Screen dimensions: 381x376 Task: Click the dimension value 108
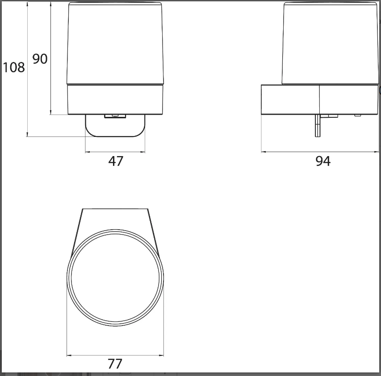click(14, 67)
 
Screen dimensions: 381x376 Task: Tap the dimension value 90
click(40, 59)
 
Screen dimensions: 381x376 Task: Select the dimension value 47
click(116, 161)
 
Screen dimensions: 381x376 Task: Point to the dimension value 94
click(323, 161)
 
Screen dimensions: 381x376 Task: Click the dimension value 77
click(115, 364)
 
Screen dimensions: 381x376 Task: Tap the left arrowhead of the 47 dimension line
click(88, 152)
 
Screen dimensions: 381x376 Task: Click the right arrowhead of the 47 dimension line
click(142, 152)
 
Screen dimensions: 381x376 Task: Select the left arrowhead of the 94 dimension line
click(264, 152)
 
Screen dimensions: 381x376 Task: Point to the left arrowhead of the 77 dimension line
click(69, 355)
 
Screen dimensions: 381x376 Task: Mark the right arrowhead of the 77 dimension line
click(161, 355)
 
